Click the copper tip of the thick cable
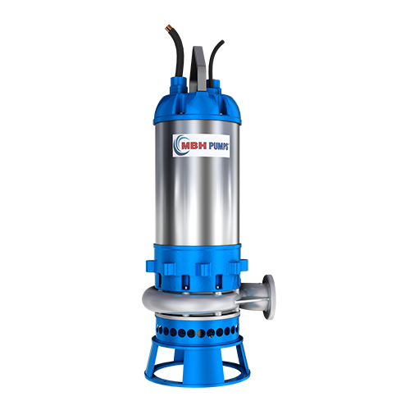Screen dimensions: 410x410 (167, 28)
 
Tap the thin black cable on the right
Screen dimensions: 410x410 (212, 59)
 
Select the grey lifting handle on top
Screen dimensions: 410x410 (198, 68)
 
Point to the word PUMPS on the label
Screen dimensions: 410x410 (219, 146)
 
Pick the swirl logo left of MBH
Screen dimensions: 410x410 (179, 145)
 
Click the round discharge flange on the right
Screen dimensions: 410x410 (269, 297)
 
